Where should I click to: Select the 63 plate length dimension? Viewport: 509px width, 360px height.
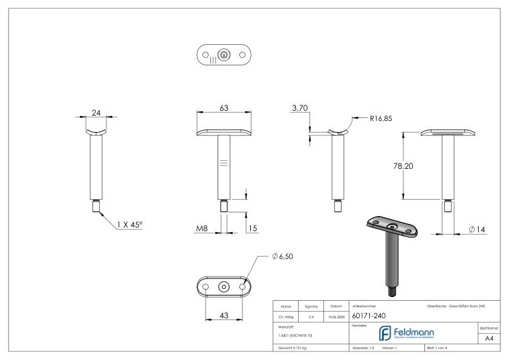coord(224,108)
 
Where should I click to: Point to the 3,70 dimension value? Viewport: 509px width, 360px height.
coord(300,108)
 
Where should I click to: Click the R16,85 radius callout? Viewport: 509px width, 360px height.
coord(380,119)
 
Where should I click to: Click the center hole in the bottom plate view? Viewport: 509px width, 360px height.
coord(224,286)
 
